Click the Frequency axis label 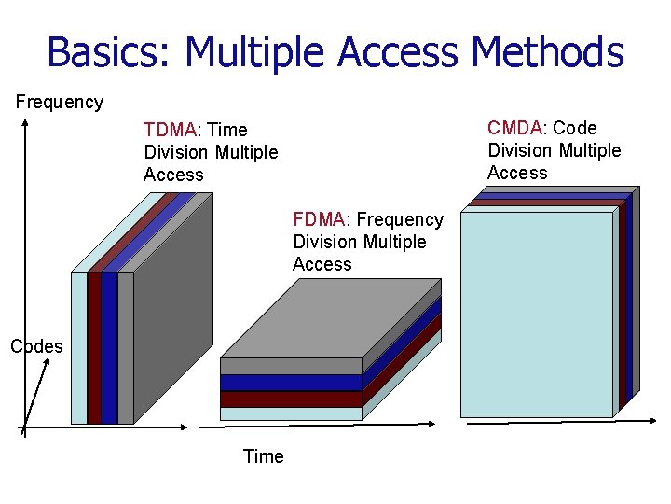pyautogui.click(x=60, y=102)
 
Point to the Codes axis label pyautogui.click(x=36, y=346)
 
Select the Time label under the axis pyautogui.click(x=263, y=456)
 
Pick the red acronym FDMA pyautogui.click(x=319, y=219)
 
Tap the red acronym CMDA pyautogui.click(x=514, y=128)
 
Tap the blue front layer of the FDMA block pyautogui.click(x=290, y=383)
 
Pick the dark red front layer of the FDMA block pyautogui.click(x=290, y=399)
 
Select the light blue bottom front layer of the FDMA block pyautogui.click(x=290, y=413)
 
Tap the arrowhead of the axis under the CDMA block pyautogui.click(x=655, y=421)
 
